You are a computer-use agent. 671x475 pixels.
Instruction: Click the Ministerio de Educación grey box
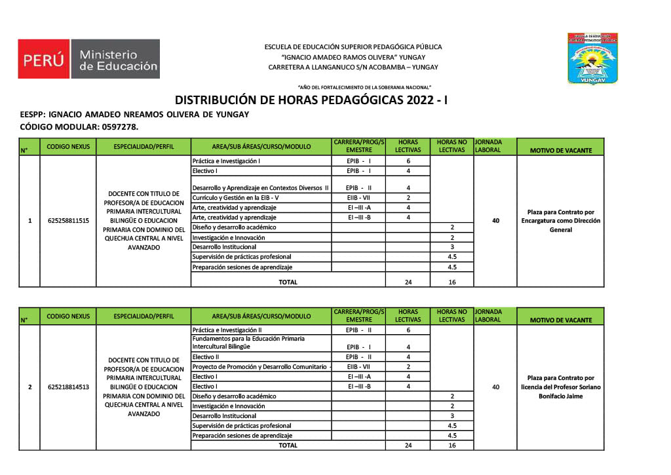coord(119,60)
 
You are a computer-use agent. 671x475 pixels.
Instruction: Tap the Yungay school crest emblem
coord(593,59)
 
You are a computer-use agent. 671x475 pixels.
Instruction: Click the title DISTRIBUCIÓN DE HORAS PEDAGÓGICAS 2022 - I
coord(311,100)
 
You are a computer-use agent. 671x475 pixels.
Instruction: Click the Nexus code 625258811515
coord(68,221)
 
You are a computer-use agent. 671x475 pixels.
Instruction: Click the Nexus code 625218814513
coord(68,387)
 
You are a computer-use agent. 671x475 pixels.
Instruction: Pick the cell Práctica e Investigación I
coord(226,161)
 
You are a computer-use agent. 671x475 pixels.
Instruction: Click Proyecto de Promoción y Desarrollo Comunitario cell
coord(261,367)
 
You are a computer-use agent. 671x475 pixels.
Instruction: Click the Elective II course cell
coord(206,357)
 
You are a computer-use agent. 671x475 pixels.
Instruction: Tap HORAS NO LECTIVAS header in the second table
coord(451,316)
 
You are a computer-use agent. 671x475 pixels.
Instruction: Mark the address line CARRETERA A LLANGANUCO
coord(353,67)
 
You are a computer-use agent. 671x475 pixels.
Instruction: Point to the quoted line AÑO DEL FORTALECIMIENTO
coord(364,87)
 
